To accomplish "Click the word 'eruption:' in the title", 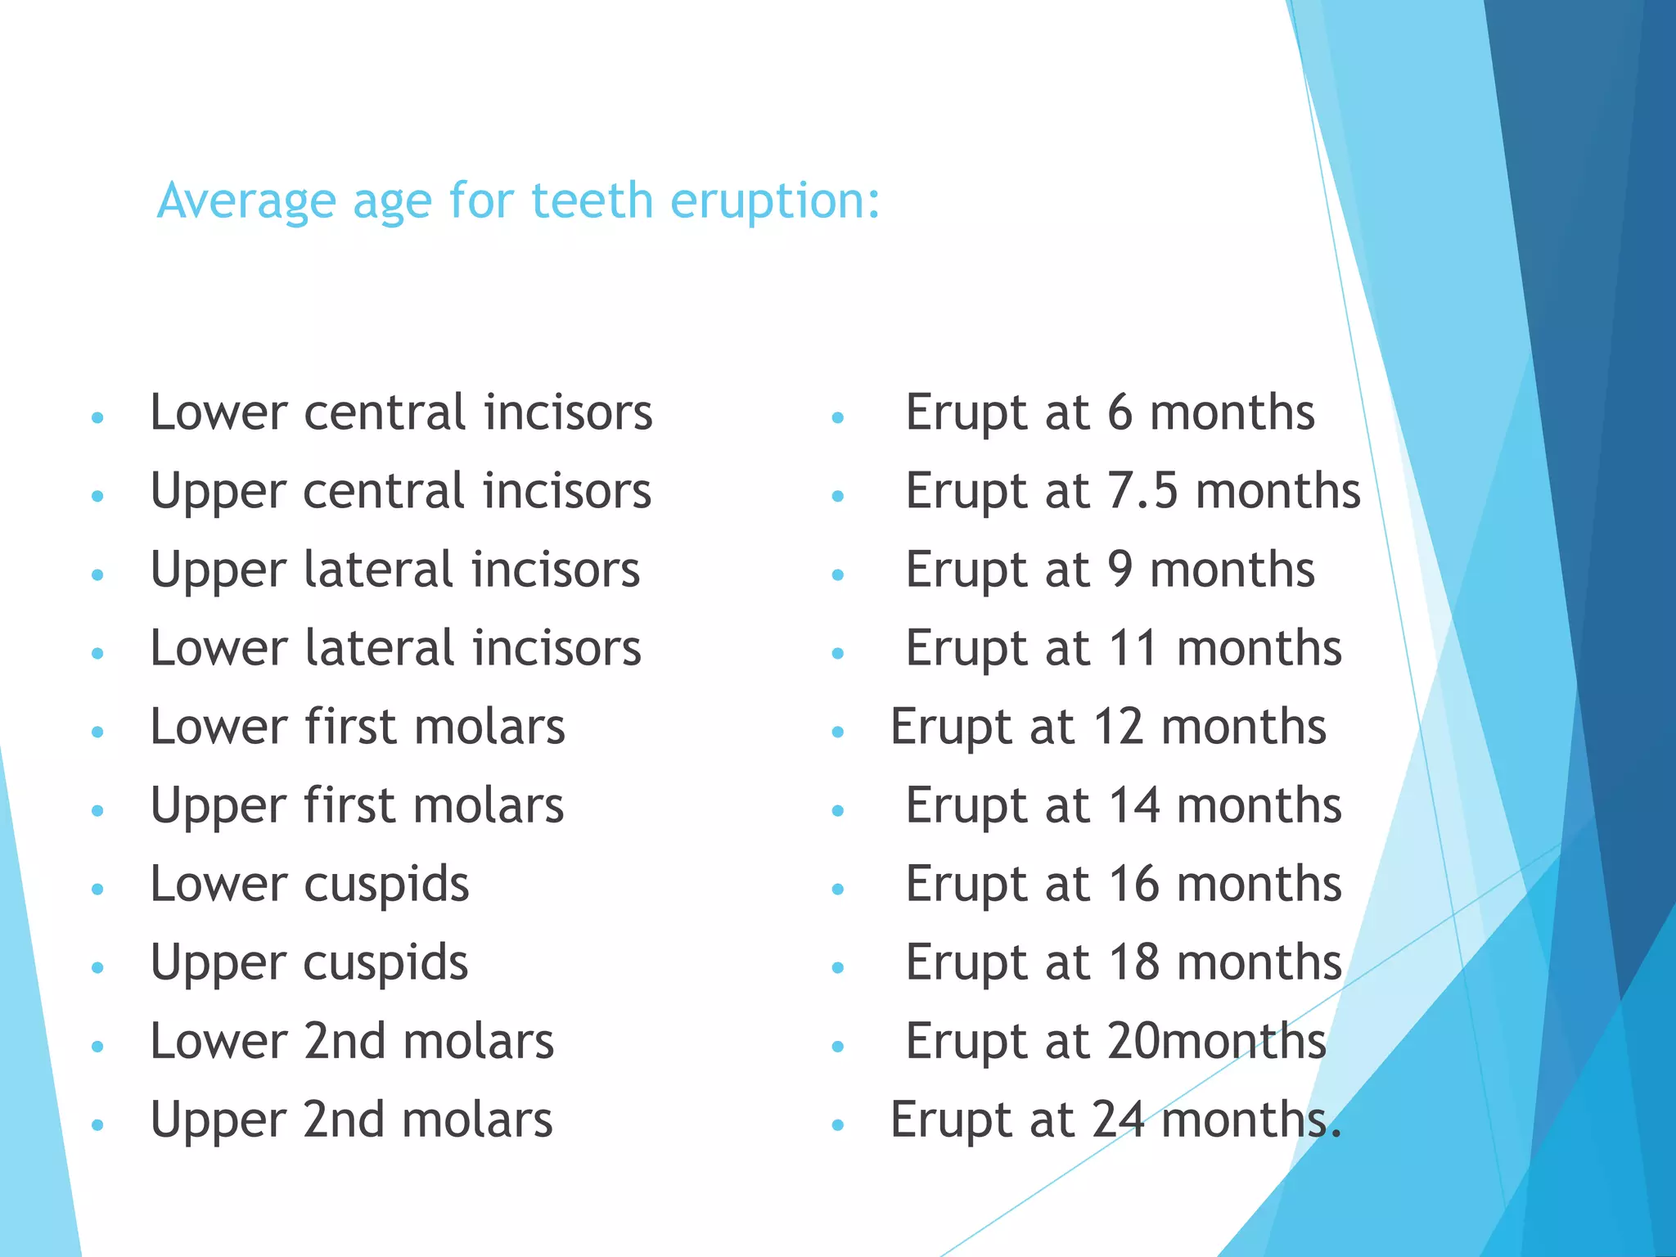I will [774, 201].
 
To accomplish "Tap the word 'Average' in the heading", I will [246, 201].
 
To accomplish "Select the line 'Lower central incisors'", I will [401, 412].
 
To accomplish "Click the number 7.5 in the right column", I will [1142, 491].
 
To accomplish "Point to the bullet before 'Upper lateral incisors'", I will [98, 575].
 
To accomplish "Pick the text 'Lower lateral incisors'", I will [395, 648].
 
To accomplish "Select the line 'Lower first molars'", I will [358, 727].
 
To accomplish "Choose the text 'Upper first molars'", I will [357, 805].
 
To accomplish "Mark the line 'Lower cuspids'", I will [309, 885].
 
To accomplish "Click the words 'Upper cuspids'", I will [309, 963].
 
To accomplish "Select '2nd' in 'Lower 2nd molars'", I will [345, 1041].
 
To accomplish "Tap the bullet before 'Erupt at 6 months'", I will [837, 418].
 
